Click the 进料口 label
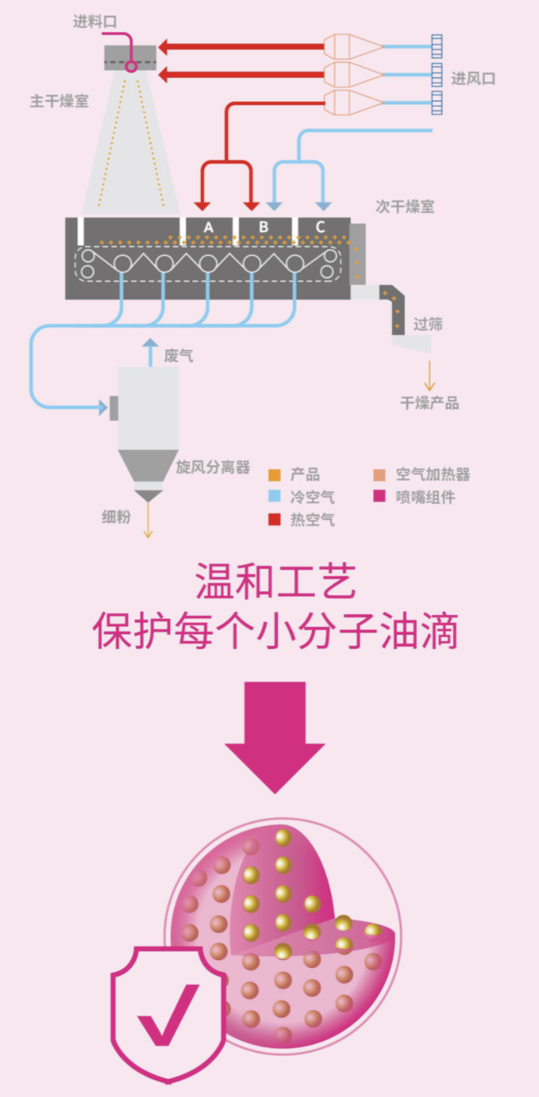(x=95, y=21)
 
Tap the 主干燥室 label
(x=59, y=101)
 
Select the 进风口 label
(x=473, y=78)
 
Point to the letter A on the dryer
(x=209, y=227)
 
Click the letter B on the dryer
(x=264, y=227)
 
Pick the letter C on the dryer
(x=320, y=227)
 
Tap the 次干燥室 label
(x=405, y=207)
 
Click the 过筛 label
(x=428, y=324)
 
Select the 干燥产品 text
(x=430, y=403)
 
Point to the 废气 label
(x=179, y=356)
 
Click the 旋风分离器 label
(x=213, y=467)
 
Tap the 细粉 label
(x=116, y=517)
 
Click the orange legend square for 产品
(x=274, y=475)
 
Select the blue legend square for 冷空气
(x=274, y=496)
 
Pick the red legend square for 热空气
(x=274, y=519)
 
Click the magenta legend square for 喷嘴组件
(x=379, y=496)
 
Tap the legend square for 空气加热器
(x=379, y=475)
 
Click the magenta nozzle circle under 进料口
(x=131, y=66)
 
